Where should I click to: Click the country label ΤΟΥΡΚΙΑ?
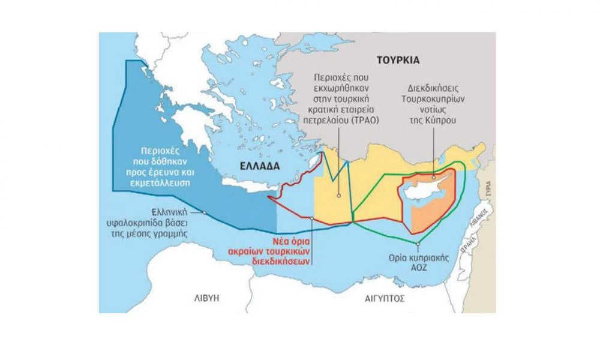click(x=397, y=60)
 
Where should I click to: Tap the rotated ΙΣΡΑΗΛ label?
click(x=471, y=243)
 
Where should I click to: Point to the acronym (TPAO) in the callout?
click(x=371, y=119)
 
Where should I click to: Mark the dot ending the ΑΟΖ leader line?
click(x=418, y=243)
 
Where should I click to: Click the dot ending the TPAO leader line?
click(x=338, y=194)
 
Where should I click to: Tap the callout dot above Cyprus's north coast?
click(x=433, y=177)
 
